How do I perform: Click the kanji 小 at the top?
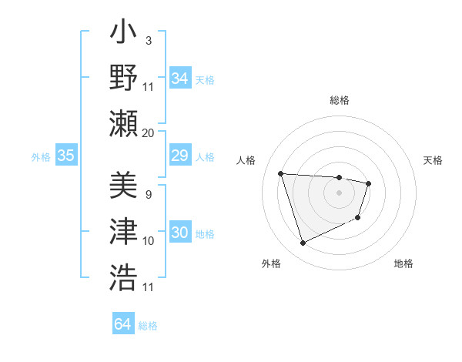123,35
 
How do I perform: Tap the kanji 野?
123,78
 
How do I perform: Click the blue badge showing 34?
179,79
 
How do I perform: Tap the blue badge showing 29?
179,156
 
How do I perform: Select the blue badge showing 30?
179,233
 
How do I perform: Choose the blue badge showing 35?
65,156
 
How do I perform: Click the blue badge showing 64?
122,324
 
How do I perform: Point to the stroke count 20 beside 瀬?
148,133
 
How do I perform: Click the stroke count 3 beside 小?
148,40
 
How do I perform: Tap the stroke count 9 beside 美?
148,195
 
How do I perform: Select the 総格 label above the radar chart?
340,100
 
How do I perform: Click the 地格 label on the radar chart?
403,264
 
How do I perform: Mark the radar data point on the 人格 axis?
281,173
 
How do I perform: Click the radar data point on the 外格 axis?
303,243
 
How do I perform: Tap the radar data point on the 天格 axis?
369,183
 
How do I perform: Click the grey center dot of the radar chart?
339,193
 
